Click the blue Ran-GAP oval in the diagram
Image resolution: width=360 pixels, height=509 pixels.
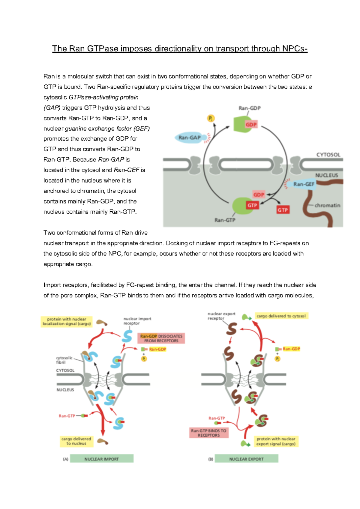tap(190, 138)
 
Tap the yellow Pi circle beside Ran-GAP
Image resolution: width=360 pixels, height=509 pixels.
tap(211, 118)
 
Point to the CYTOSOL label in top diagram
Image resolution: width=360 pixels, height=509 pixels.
tap(328, 155)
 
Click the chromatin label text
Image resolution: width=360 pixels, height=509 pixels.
tap(327, 205)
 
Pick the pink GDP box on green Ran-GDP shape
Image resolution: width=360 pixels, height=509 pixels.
tap(251, 125)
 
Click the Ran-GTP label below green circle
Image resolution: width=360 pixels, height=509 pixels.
tap(225, 220)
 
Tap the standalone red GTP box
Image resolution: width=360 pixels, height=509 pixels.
tap(283, 210)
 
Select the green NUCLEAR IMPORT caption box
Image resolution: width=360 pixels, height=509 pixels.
tap(101, 459)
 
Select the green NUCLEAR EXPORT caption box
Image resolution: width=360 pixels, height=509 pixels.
tap(246, 459)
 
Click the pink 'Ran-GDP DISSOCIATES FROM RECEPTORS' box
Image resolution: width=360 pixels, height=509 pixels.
tap(161, 338)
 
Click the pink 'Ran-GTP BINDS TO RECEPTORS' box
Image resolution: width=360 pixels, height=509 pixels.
tap(209, 433)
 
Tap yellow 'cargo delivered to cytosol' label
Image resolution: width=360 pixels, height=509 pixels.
tap(281, 316)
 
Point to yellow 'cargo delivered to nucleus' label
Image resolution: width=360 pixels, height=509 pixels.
tap(76, 441)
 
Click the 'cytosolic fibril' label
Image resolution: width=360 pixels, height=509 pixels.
tap(64, 360)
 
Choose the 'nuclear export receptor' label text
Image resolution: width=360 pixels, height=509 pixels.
tap(221, 316)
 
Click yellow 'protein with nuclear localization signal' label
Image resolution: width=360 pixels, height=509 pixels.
tap(67, 321)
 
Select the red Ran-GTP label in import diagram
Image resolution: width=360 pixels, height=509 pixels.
tap(67, 416)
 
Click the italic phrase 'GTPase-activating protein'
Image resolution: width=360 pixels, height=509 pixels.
tap(103, 97)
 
